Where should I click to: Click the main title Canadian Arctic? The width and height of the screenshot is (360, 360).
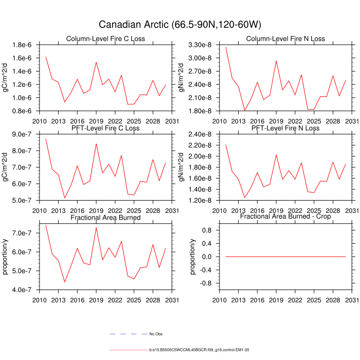coord(179,24)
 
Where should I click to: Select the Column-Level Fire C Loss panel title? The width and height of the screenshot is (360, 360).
coord(105,39)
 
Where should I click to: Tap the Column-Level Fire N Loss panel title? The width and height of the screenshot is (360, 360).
coord(285,39)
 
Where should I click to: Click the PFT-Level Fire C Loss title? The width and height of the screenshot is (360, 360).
coord(105,128)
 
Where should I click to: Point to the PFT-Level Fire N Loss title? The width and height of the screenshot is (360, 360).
coord(285,128)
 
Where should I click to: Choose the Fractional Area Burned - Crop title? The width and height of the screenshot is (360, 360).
coord(285,218)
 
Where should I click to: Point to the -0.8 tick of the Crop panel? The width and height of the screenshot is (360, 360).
coord(205,283)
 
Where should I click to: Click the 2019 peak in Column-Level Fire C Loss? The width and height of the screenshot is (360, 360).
coord(96,62)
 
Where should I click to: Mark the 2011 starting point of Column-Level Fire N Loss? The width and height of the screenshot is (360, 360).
coord(226,47)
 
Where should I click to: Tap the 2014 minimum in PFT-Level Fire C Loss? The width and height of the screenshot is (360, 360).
coord(64,198)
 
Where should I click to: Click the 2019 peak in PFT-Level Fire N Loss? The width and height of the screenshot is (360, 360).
coord(276,155)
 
